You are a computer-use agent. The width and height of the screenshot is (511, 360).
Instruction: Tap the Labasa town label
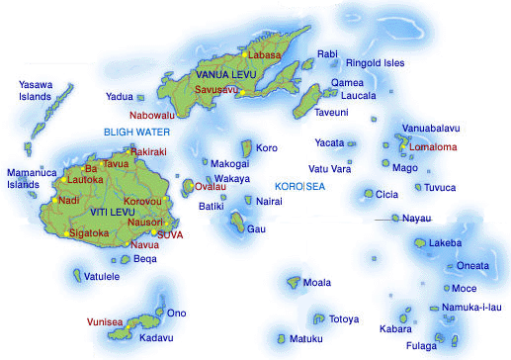point(265,56)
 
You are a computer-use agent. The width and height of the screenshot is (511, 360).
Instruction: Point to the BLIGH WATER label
point(137,132)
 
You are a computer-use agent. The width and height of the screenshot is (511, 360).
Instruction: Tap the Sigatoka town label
point(91,233)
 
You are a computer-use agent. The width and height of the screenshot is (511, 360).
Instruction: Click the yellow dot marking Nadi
point(55,201)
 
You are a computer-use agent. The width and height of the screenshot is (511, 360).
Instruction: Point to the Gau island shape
point(238,222)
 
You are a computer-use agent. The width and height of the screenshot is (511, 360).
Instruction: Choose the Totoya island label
point(345,319)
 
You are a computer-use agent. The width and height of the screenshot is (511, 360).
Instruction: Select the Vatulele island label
point(102,276)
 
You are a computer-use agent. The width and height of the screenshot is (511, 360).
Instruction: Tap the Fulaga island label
point(424,346)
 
